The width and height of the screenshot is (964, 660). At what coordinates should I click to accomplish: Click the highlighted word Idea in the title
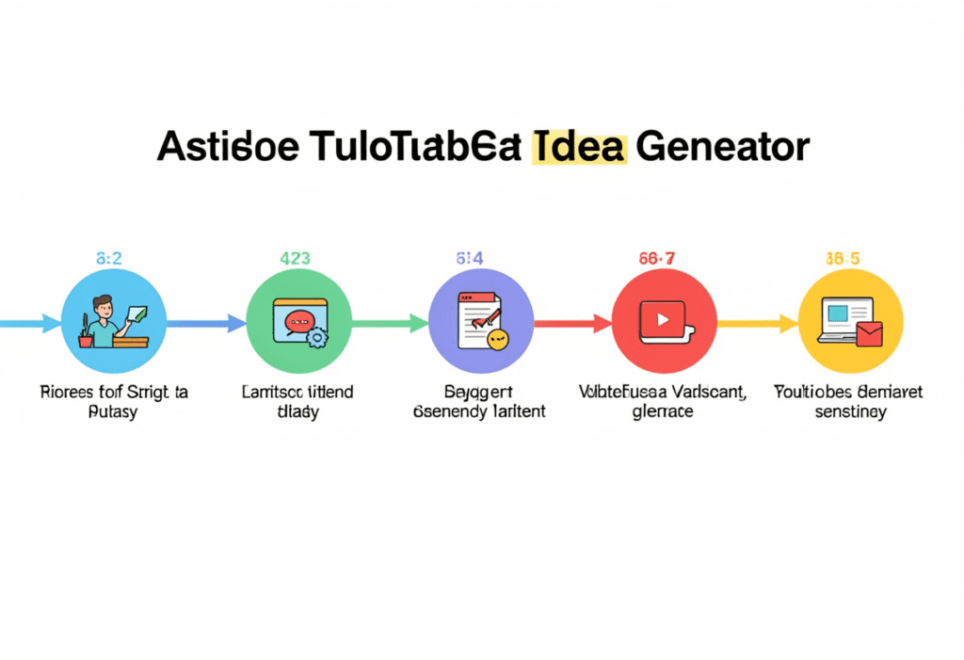pos(578,148)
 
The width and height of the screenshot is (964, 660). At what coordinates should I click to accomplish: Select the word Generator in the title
pos(722,148)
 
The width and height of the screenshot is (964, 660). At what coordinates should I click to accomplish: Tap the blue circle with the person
pos(114,322)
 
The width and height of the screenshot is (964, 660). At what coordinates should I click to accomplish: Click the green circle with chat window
pos(298,322)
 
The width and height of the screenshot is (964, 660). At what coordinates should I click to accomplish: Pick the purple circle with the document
pos(481,322)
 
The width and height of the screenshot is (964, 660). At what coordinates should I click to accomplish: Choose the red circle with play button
pos(665,322)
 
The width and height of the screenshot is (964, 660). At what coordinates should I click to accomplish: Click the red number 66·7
pos(663,257)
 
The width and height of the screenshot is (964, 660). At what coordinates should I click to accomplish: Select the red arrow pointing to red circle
pos(572,324)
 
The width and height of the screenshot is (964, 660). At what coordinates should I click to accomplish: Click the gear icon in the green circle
pos(317,336)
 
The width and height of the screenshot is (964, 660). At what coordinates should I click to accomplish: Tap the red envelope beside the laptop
pos(869,333)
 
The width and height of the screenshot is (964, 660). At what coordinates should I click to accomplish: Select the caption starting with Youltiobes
pos(849,401)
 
